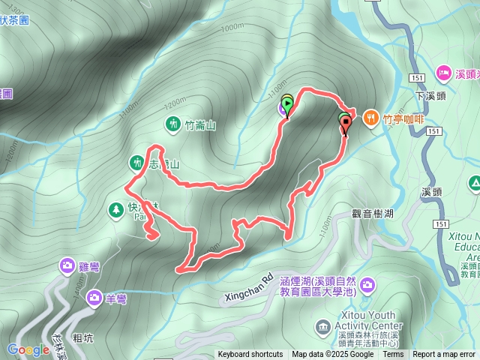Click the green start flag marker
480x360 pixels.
click(x=287, y=104)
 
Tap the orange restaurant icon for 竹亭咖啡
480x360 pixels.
click(x=371, y=118)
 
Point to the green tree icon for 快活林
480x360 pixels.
click(x=115, y=208)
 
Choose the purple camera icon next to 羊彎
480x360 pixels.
click(x=94, y=298)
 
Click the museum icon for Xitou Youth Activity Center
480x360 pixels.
click(x=323, y=326)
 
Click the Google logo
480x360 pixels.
click(x=28, y=349)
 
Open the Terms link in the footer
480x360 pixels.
click(x=393, y=355)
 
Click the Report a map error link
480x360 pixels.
click(x=444, y=355)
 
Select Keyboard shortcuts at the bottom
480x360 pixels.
click(x=250, y=355)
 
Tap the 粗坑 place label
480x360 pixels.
click(x=84, y=338)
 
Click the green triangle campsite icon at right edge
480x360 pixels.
click(x=474, y=183)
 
